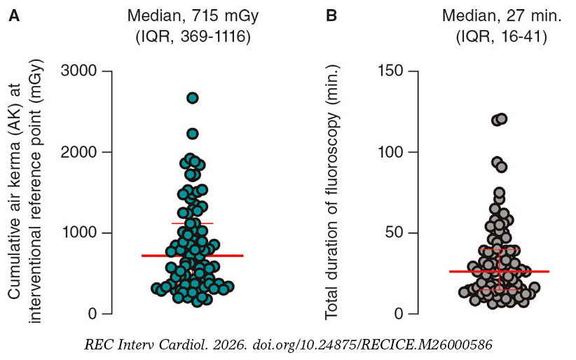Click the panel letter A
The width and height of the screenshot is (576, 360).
[14, 15]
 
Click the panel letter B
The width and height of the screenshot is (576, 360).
[332, 15]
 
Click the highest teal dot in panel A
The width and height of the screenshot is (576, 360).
[193, 98]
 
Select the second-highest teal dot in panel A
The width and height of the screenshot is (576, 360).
[193, 134]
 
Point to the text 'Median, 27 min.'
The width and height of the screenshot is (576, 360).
[499, 15]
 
